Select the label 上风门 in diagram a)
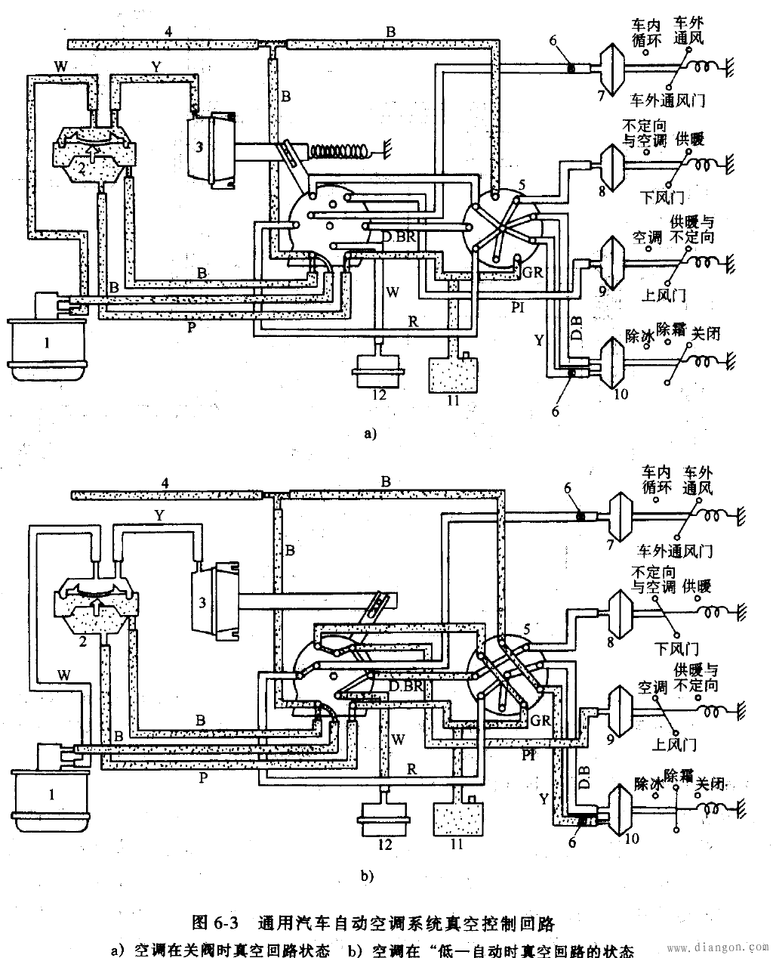(x=667, y=295)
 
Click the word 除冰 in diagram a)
(x=639, y=332)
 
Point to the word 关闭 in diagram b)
(x=712, y=783)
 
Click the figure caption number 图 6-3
(x=215, y=922)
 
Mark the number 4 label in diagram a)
(x=169, y=32)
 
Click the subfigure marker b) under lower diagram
(x=368, y=876)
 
